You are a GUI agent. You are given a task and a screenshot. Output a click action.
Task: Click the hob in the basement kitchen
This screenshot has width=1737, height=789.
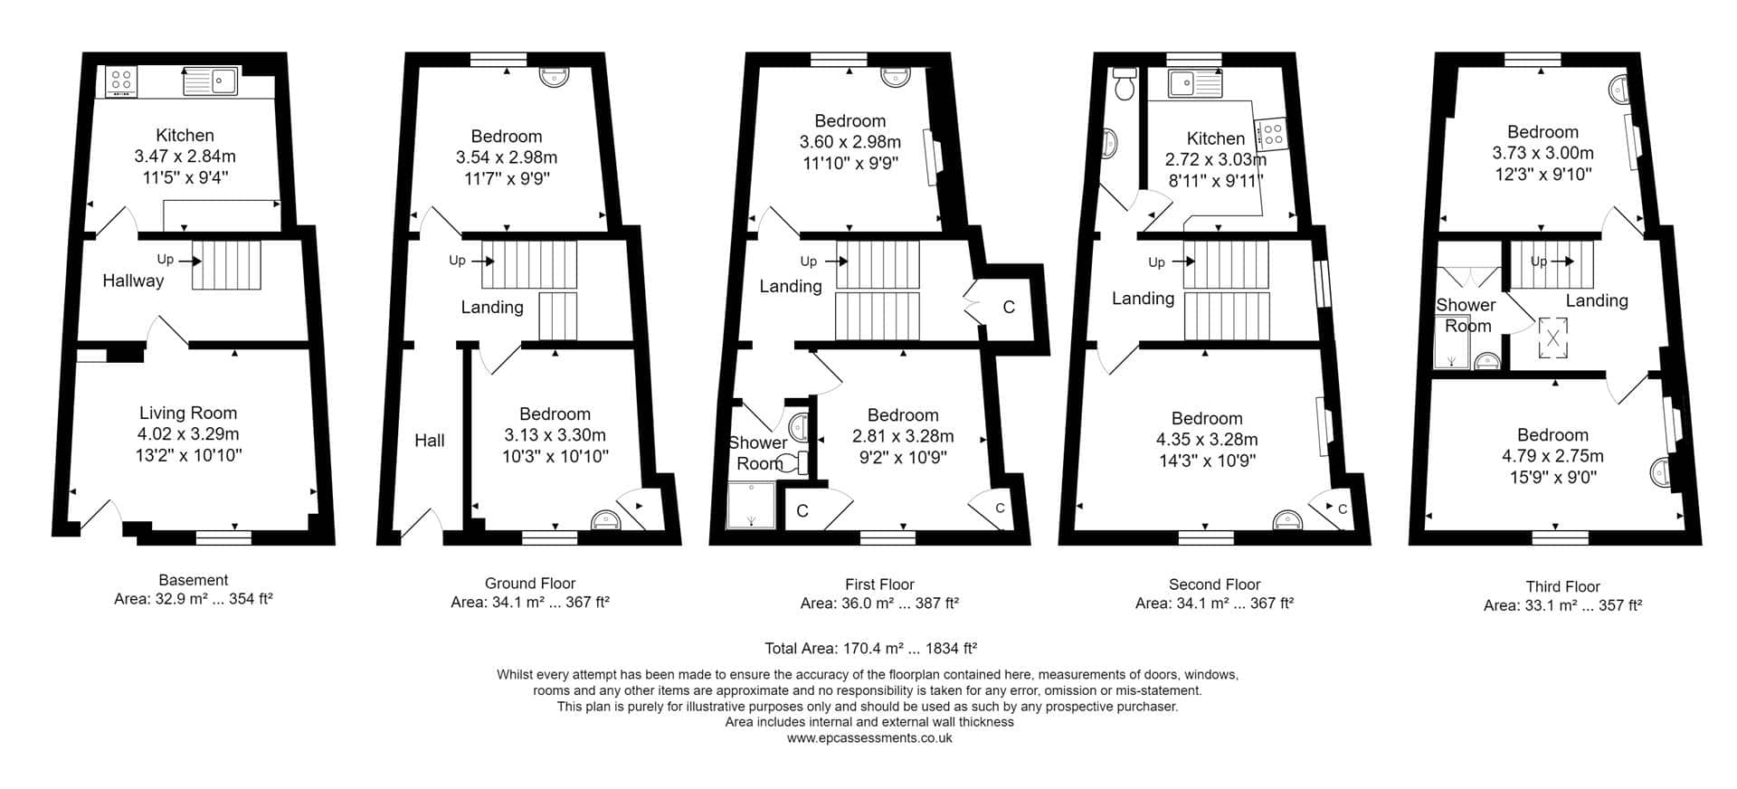coord(121,81)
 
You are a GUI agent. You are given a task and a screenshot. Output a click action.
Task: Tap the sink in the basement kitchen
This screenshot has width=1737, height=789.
coord(210,81)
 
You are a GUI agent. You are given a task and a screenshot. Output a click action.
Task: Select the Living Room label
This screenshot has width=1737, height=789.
coord(188,413)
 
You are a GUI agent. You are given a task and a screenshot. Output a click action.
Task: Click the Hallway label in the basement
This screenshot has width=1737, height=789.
coord(133,280)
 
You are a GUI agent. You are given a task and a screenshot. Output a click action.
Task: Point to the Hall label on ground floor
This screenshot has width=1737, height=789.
coord(430,441)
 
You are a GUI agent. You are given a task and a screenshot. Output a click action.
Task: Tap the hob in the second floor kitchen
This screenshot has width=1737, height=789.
coord(1273,134)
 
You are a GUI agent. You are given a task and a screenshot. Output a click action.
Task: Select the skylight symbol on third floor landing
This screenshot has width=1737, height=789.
coord(1553,338)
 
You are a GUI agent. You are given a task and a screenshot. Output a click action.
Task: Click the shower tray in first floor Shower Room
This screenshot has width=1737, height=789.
coord(752,505)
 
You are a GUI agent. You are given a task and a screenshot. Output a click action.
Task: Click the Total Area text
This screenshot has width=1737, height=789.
coord(870,648)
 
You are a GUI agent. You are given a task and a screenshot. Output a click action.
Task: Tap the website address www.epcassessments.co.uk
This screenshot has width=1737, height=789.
coord(869,737)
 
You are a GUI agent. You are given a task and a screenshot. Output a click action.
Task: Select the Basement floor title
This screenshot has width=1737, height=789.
coord(194,580)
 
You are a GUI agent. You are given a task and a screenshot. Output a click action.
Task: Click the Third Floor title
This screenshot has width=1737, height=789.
coord(1562,586)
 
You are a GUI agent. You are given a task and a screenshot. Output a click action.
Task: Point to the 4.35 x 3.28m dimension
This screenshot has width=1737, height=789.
coord(1207,440)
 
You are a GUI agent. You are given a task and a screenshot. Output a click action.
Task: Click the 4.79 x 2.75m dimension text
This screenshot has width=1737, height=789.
coord(1552,456)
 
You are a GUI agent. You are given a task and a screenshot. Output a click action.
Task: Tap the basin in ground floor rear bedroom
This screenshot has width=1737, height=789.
coord(552,76)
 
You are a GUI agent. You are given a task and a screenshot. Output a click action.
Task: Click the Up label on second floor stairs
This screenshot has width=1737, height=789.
coord(1156,262)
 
